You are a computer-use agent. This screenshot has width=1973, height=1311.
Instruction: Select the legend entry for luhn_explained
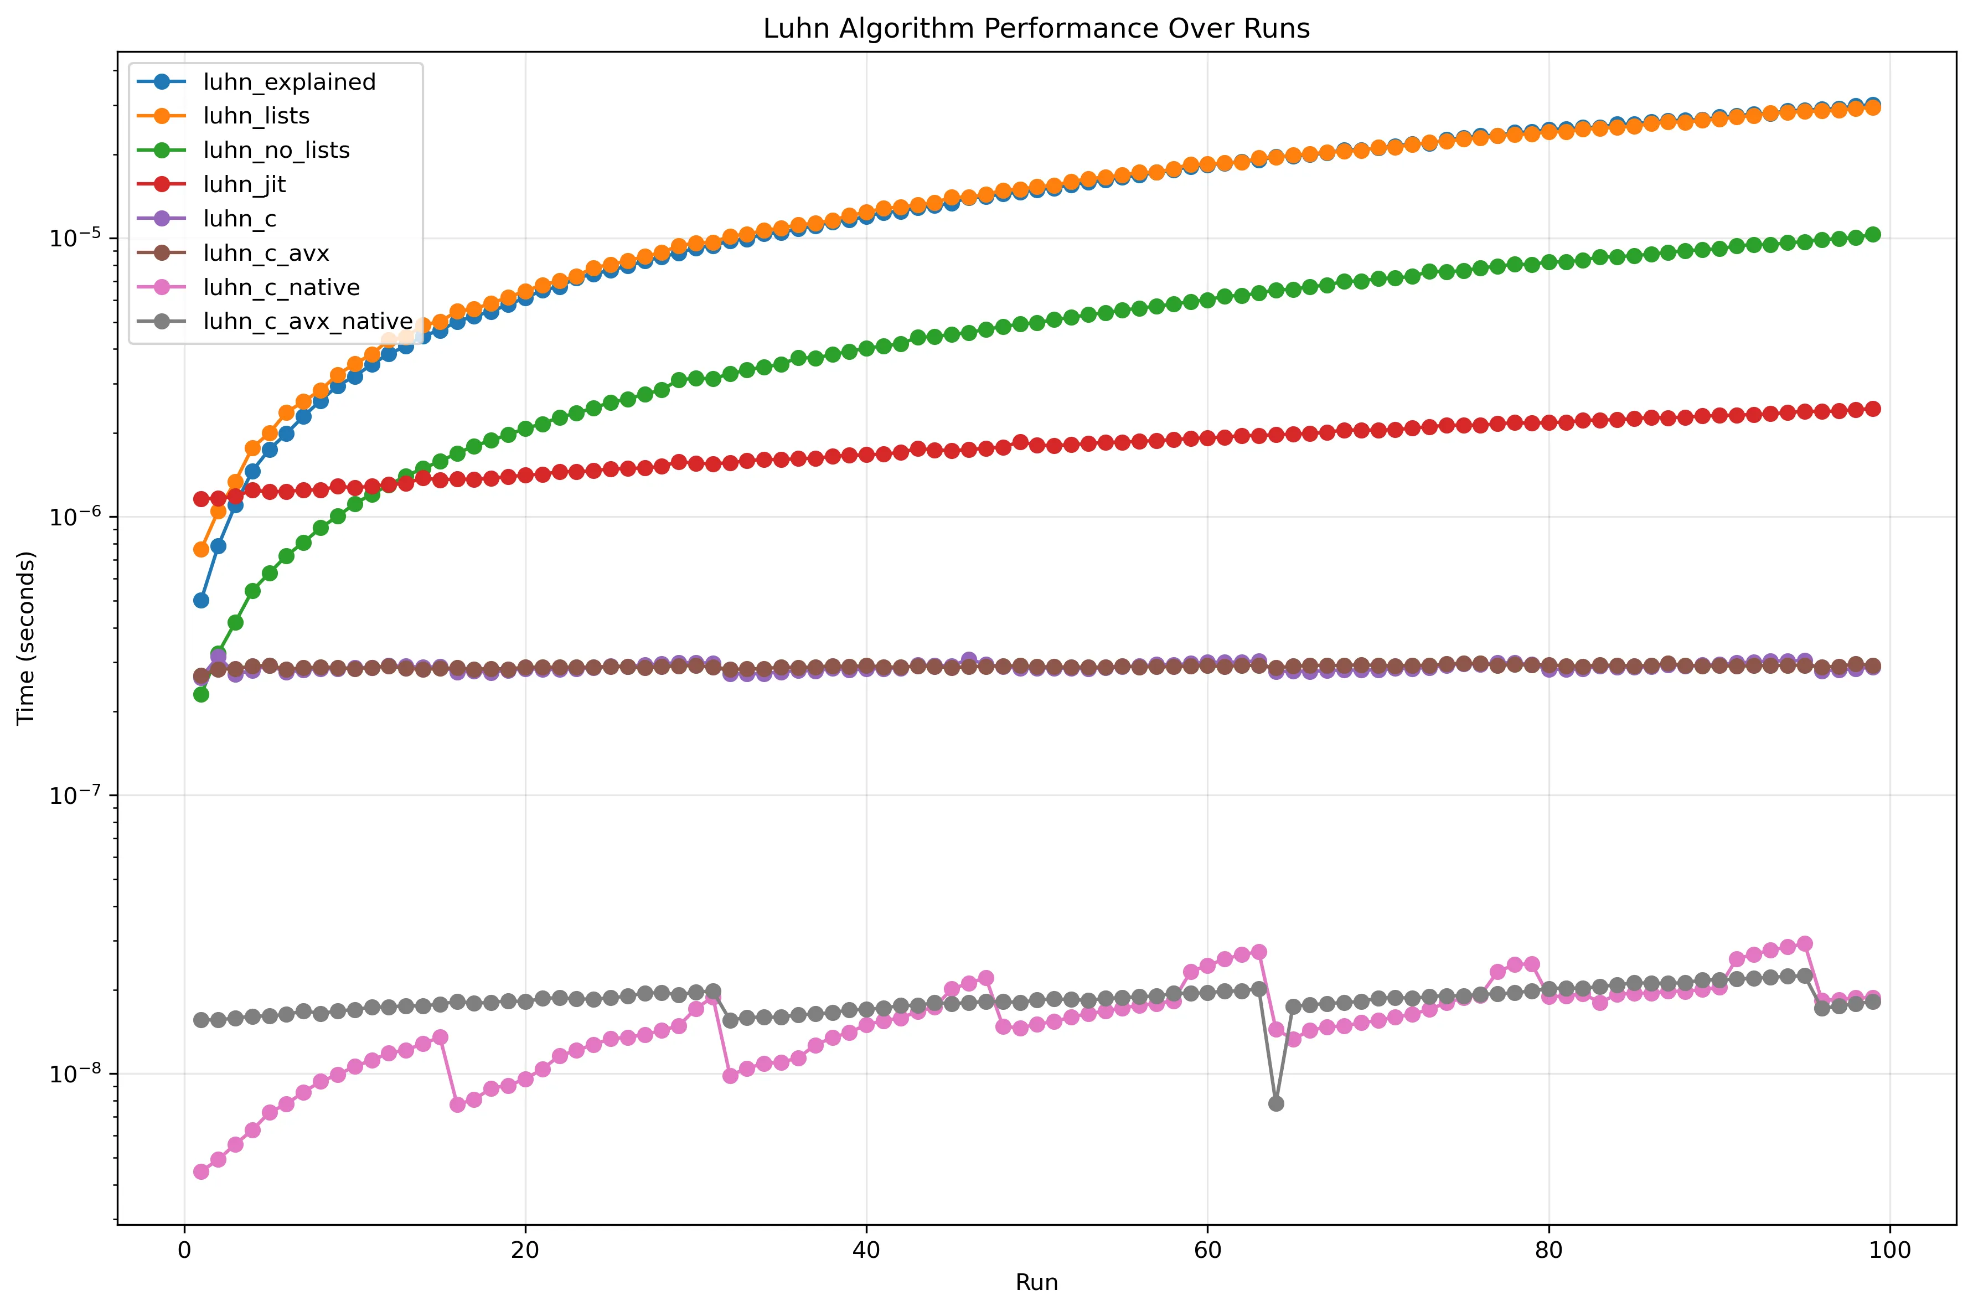pos(290,82)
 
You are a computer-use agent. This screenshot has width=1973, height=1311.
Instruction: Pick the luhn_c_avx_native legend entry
pos(308,322)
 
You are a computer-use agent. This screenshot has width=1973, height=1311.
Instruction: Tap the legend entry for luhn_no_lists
pos(276,151)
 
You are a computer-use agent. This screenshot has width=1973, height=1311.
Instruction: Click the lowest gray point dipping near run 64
pos(1276,1103)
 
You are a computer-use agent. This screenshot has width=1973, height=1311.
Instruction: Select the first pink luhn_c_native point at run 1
pos(200,1171)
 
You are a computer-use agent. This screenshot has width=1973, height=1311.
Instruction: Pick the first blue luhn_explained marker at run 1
pos(200,600)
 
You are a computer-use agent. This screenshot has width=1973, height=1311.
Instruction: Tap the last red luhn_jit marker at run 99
pos(1873,409)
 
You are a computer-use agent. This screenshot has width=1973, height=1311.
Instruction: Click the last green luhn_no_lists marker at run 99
pos(1873,235)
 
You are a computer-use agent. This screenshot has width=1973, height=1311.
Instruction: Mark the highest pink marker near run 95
pos(1804,943)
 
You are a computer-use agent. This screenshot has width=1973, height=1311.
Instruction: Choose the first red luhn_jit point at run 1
pos(200,499)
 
